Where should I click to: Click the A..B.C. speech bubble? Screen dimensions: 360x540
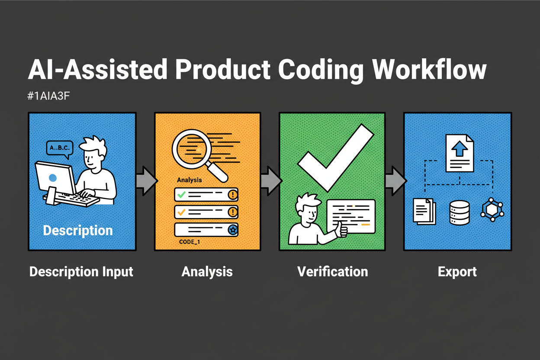click(x=59, y=148)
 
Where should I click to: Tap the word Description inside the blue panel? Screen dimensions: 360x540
click(x=78, y=230)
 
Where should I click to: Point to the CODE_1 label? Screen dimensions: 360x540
click(x=190, y=242)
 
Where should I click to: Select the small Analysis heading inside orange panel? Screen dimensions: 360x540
click(x=190, y=179)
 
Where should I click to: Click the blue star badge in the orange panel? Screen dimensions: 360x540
click(x=232, y=230)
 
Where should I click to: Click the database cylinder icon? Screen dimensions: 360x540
click(x=460, y=212)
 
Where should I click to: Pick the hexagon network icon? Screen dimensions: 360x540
click(x=492, y=211)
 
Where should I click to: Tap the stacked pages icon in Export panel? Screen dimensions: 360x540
click(x=424, y=210)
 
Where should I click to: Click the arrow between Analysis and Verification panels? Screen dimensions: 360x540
click(x=270, y=179)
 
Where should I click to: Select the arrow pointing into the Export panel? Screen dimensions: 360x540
click(x=395, y=179)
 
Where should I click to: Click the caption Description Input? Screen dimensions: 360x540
click(x=81, y=272)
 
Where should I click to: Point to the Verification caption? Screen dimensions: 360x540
click(x=332, y=272)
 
